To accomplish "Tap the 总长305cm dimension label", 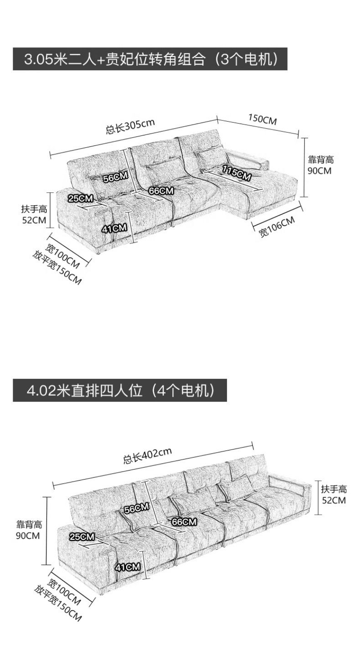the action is pos(130,126).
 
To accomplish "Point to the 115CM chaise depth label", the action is pos(237,172).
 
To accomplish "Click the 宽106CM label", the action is pos(277,227).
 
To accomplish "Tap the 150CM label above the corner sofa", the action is pos(262,119).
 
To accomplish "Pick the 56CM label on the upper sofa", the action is pos(116,177).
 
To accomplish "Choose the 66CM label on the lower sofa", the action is pos(184,522).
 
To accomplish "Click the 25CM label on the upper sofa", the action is pos(81,198).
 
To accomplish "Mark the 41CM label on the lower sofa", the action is pos(128,567).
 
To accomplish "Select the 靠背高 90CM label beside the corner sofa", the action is pos(321,165).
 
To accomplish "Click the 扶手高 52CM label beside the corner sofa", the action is pos(34,214).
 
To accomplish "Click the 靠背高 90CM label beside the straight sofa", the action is pos(29,530).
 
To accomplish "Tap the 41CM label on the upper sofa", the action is pos(114,228).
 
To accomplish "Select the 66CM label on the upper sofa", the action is pos(161,191).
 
